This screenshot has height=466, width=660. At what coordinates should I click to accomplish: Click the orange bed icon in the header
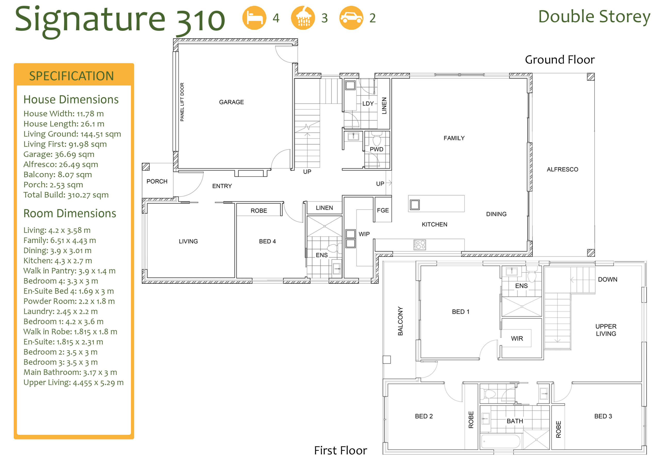pos(254,18)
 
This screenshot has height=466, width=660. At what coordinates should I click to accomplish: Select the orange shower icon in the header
pos(303,18)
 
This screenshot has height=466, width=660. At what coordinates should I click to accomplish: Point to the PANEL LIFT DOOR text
pos(182,102)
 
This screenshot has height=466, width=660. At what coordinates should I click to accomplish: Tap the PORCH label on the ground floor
pos(157,182)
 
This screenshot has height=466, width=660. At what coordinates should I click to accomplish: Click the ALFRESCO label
pos(562,169)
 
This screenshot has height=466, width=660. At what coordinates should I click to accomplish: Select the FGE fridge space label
pos(383,210)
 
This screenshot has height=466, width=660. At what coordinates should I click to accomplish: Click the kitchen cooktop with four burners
pos(419,245)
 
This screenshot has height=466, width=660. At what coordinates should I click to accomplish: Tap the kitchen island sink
pos(415,205)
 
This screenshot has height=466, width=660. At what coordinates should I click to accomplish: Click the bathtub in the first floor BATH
pos(500,441)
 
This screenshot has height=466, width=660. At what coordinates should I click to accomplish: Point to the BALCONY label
pos(400,321)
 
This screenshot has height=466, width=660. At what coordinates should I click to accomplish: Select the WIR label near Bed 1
pos(517,339)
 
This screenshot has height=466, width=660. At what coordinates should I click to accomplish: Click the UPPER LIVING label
pos(606,330)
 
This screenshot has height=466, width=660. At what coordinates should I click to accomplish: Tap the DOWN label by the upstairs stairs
pos(607,279)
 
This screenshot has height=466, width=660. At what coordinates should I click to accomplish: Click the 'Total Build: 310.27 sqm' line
pos(66,195)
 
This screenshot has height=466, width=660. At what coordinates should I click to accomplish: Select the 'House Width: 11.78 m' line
pos(63,114)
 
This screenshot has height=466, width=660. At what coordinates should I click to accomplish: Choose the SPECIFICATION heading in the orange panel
pos(71,76)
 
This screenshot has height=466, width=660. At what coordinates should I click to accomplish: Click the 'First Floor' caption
pos(340,450)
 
